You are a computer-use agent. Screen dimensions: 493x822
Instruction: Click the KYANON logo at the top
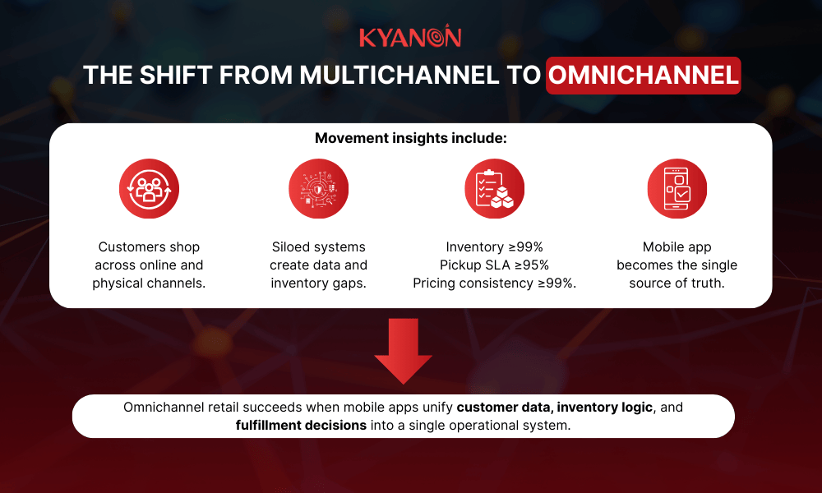pyautogui.click(x=410, y=38)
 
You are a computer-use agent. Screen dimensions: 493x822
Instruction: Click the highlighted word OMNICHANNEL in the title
pyautogui.click(x=643, y=76)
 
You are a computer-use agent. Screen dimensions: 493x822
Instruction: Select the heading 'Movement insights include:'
pyautogui.click(x=410, y=138)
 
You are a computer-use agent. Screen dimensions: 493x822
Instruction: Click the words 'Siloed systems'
pyautogui.click(x=318, y=246)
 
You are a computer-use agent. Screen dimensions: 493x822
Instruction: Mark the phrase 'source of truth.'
pyautogui.click(x=677, y=283)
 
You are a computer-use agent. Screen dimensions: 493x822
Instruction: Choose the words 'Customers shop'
pyautogui.click(x=149, y=246)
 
